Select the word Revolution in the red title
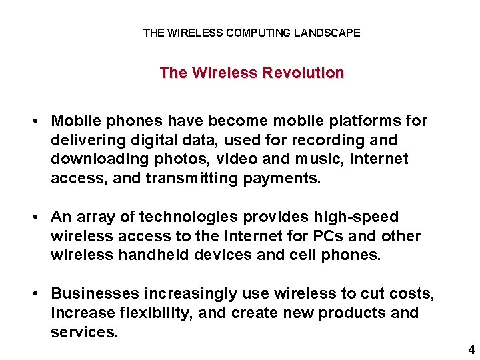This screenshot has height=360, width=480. click(303, 73)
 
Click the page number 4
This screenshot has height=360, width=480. click(471, 349)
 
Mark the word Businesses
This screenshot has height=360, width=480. click(95, 294)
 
